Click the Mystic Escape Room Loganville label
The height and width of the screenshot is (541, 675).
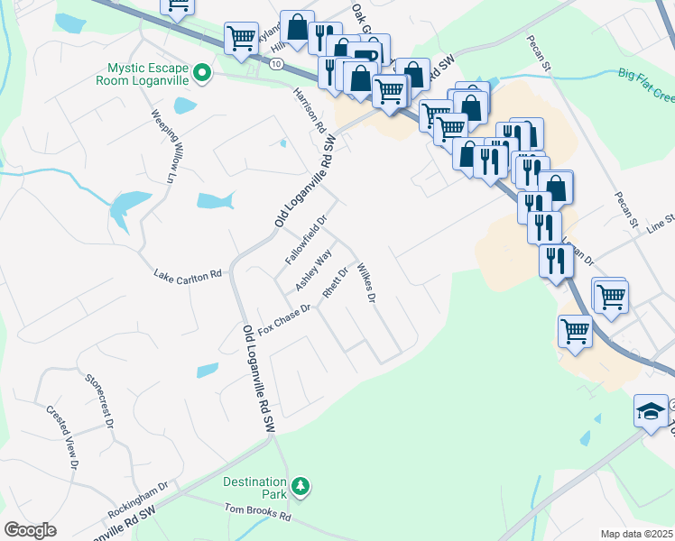[147, 73]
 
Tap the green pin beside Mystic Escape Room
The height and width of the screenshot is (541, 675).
[203, 73]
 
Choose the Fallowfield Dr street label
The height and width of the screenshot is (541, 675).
[305, 240]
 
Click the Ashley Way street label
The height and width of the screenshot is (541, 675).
[308, 270]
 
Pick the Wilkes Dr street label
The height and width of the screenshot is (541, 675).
[365, 282]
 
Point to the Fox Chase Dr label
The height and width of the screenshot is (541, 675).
[284, 319]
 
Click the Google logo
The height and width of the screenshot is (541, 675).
[30, 530]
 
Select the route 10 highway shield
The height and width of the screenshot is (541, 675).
[276, 64]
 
